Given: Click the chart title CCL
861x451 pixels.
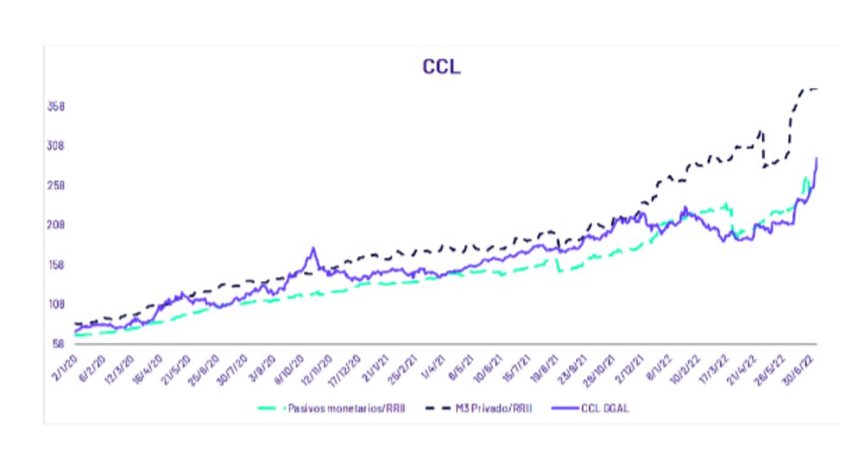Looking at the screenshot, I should point(441,67).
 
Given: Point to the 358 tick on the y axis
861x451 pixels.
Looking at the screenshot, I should point(54,107).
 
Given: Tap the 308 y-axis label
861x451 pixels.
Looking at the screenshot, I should point(54,146).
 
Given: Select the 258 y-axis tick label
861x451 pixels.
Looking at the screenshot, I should point(54,185).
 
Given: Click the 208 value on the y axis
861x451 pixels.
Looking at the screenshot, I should point(54,225).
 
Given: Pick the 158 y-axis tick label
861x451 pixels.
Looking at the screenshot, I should point(54,265).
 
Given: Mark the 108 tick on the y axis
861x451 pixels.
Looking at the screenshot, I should point(54,304).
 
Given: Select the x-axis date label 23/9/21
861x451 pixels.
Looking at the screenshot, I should point(574,364).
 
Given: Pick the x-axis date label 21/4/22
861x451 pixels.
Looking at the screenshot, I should point(743,364).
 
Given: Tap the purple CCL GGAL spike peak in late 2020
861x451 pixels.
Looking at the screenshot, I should point(313,248).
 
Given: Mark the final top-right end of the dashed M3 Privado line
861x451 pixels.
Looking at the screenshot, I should point(816,89).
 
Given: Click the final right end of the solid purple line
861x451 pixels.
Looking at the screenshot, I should point(816,158).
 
